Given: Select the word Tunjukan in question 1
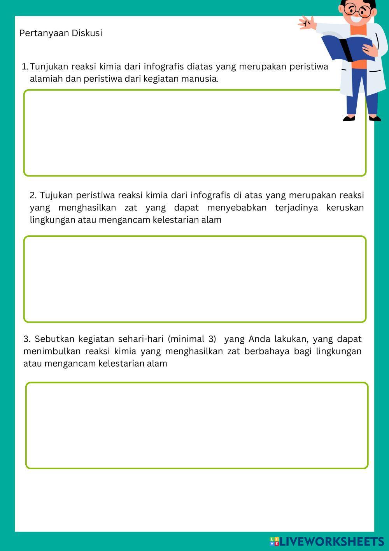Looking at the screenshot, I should pos(49,66).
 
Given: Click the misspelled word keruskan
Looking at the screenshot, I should pos(345,207).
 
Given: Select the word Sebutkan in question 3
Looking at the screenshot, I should pos(55,339).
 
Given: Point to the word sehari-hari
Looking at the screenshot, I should pos(141,339).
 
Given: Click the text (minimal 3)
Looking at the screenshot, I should pos(192,339).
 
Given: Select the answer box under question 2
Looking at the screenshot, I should pos(194,279).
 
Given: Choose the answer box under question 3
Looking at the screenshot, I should pos(196,425).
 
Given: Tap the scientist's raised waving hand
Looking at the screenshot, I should pos(307,22).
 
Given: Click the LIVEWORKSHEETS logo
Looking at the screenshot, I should pos(327,541).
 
